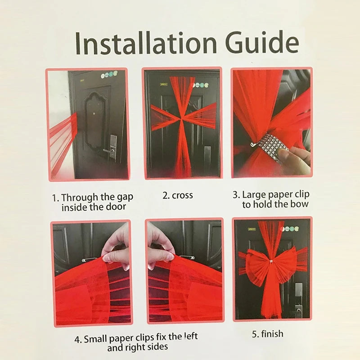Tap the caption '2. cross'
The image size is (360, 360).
pyautogui.click(x=177, y=195)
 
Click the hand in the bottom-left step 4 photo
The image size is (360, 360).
pyautogui.click(x=116, y=246)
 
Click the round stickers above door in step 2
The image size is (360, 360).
pyautogui.click(x=201, y=85)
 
